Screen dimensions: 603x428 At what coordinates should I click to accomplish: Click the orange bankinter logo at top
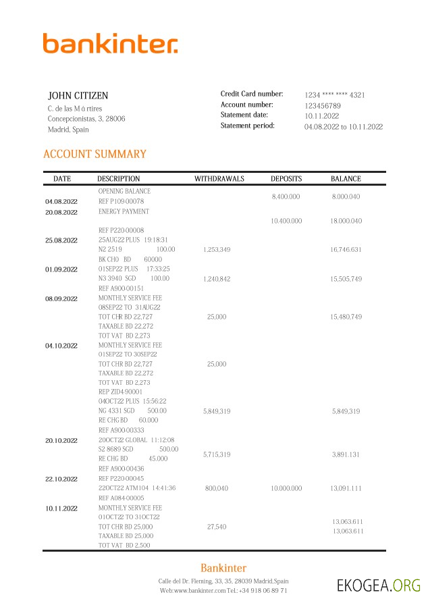point(110,43)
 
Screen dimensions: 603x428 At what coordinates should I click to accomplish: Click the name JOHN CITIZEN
point(78,96)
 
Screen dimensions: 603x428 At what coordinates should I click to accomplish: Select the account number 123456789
point(322,106)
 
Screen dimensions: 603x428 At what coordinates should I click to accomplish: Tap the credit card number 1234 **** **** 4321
point(334,95)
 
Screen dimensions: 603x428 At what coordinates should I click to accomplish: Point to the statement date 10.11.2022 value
point(322,116)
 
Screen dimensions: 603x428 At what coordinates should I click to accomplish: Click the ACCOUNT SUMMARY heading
point(95,154)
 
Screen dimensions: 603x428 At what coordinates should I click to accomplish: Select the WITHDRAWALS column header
point(219,179)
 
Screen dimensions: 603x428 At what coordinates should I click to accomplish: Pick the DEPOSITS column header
point(286,179)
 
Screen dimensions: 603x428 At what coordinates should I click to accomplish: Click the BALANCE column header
point(346,179)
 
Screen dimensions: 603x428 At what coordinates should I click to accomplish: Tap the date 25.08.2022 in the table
point(61,240)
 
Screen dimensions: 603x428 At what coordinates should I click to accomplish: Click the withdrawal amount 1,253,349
point(217,250)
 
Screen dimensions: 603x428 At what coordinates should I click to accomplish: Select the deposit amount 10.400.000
point(286,221)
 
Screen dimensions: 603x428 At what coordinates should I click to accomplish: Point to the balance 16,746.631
point(346,250)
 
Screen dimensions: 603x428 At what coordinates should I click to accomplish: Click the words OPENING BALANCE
point(124,192)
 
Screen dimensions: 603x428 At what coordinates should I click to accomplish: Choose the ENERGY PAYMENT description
point(123,211)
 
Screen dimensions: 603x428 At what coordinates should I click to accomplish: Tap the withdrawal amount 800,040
point(217,488)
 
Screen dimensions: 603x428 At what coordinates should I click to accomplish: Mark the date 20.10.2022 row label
point(61,440)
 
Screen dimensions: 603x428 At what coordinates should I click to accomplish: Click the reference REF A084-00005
point(121,498)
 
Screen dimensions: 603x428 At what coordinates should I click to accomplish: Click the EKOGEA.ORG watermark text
point(379,585)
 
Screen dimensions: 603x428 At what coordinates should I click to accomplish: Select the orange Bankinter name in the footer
point(223,568)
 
